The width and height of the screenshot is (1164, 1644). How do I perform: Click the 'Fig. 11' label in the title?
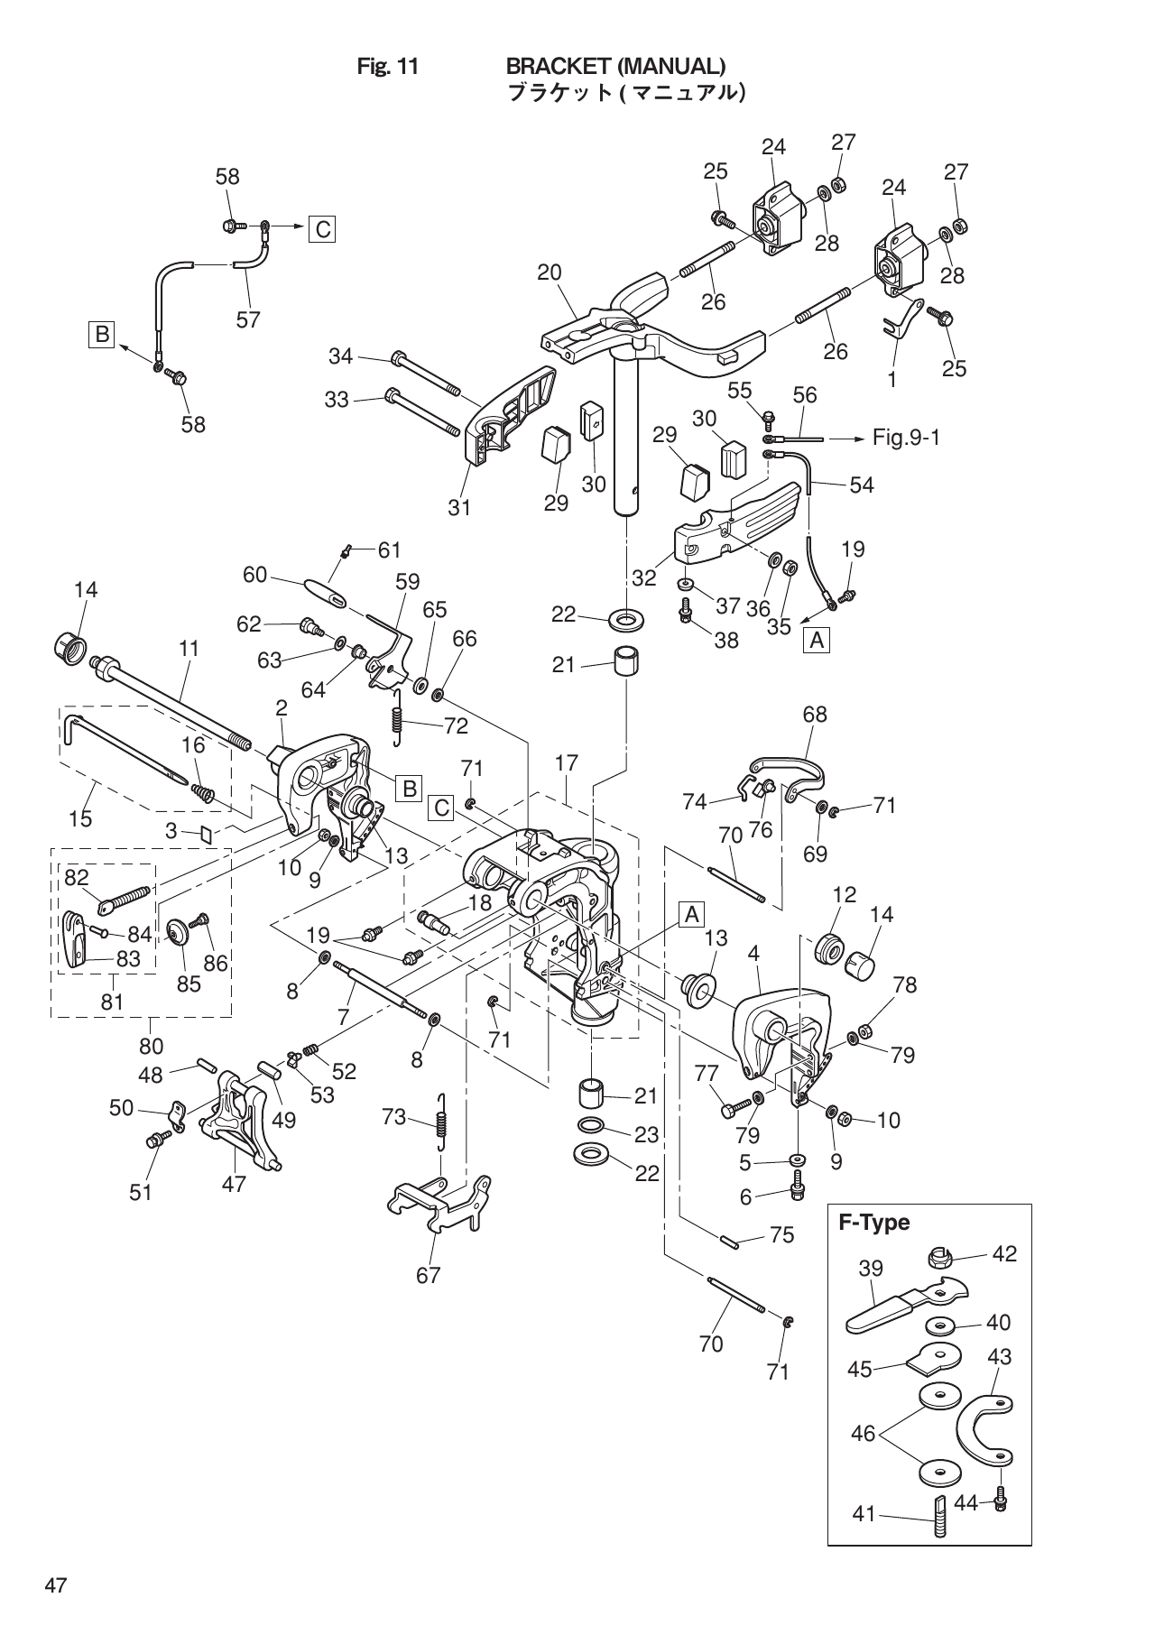[x=388, y=67]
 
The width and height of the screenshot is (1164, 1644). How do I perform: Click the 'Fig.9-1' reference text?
[x=906, y=439]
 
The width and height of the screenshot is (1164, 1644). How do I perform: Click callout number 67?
[x=428, y=1275]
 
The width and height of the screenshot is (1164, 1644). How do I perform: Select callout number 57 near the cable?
[x=248, y=319]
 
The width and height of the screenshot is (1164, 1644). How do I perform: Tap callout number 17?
[x=566, y=763]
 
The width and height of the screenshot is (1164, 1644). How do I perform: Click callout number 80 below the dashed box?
[x=151, y=1046]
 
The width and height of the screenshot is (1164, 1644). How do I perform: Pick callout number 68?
[x=815, y=715]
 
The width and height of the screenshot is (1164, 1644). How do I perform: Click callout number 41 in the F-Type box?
[x=864, y=1513]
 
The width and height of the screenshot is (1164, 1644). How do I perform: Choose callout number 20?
[x=550, y=272]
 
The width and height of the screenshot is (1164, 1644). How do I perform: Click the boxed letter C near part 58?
[x=320, y=229]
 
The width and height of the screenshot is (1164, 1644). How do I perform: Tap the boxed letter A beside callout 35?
[x=817, y=641]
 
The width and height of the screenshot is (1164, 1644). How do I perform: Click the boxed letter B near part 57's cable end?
[x=101, y=335]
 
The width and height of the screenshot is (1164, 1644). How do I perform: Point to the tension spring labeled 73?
[x=441, y=1122]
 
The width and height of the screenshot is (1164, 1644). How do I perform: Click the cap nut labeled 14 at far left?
[x=69, y=646]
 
